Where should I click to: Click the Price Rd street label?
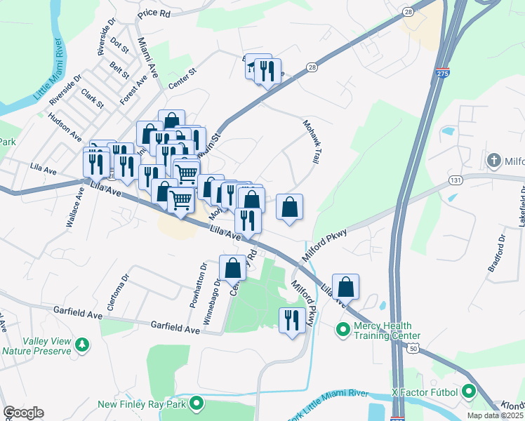(x=154, y=13)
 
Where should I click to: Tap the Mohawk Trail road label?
(x=312, y=141)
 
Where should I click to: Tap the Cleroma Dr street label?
(x=125, y=291)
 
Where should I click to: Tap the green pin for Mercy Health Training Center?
(x=343, y=328)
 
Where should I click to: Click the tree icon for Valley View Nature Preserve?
(x=83, y=344)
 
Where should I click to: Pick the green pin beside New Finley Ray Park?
(x=197, y=404)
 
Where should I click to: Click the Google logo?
(x=23, y=413)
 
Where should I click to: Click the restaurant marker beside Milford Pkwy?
(x=291, y=321)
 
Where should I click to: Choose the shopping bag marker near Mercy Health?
(x=345, y=287)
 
